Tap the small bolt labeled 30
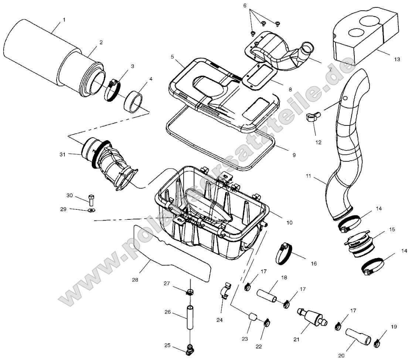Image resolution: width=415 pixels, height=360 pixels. coord(91,200)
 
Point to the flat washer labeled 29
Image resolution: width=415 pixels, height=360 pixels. coord(91,211)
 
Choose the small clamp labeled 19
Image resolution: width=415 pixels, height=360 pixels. coord(377,343)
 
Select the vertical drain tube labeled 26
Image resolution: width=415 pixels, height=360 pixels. coord(190,317)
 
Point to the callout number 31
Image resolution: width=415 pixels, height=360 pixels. coord(62,154)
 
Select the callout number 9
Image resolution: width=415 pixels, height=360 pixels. coord(294,155)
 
